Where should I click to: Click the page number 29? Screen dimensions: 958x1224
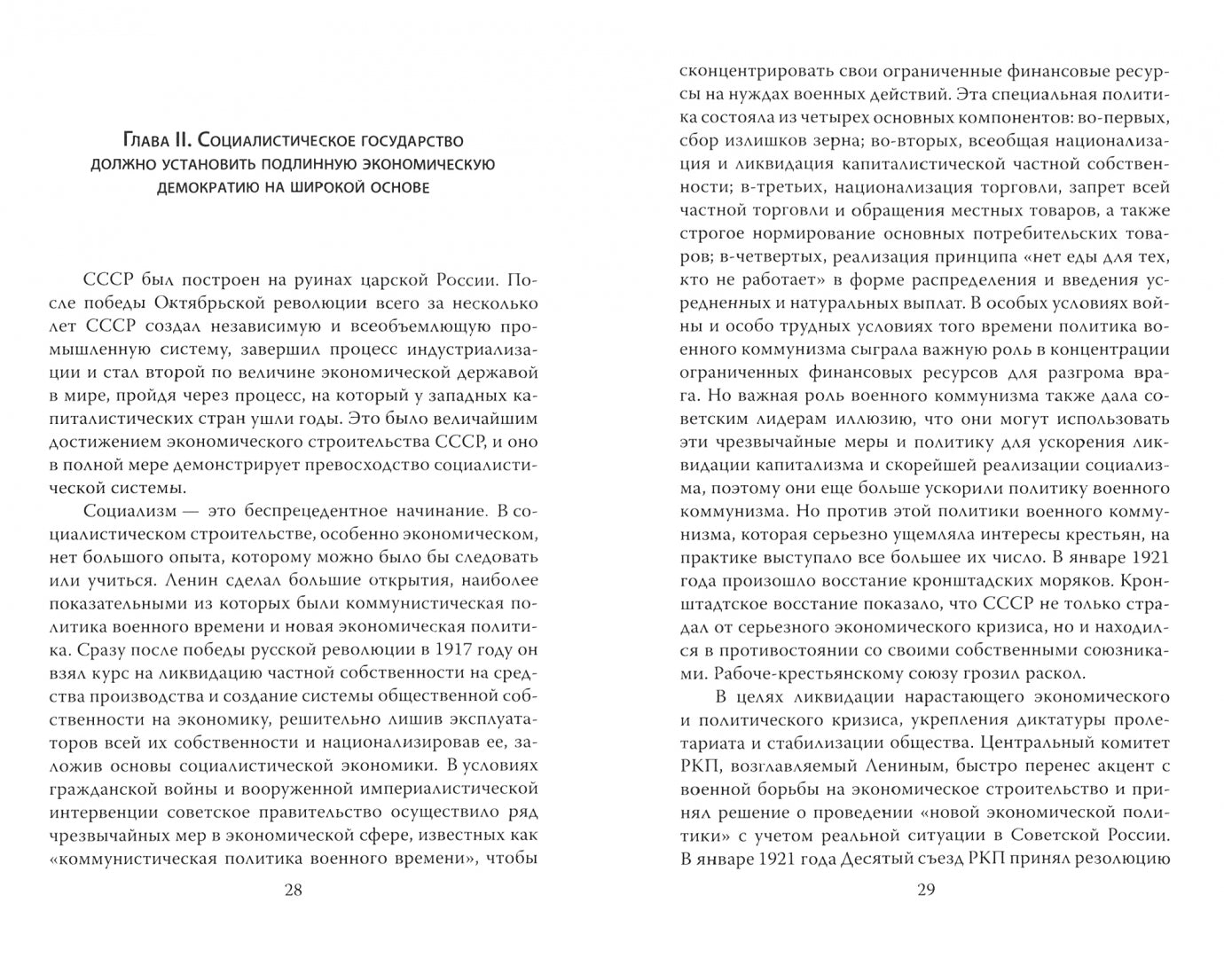(925, 891)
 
